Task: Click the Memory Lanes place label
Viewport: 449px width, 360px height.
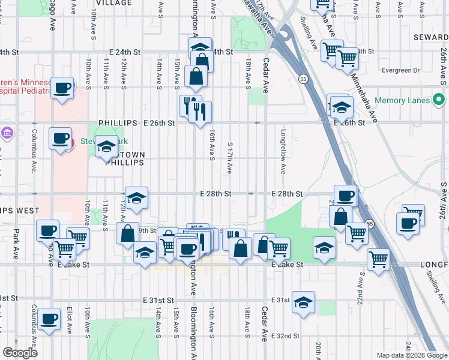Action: pyautogui.click(x=402, y=100)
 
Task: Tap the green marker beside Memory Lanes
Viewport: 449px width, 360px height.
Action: pyautogui.click(x=439, y=100)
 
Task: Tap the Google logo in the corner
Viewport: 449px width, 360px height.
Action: pyautogui.click(x=20, y=353)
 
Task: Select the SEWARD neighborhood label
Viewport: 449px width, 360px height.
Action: pyautogui.click(x=431, y=37)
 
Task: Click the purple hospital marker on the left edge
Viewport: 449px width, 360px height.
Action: pyautogui.click(x=7, y=132)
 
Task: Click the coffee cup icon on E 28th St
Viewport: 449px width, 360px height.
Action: pyautogui.click(x=345, y=196)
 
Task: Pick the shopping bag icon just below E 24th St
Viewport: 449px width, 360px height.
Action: pyautogui.click(x=202, y=61)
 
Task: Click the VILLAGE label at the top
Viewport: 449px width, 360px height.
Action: pyautogui.click(x=114, y=3)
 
